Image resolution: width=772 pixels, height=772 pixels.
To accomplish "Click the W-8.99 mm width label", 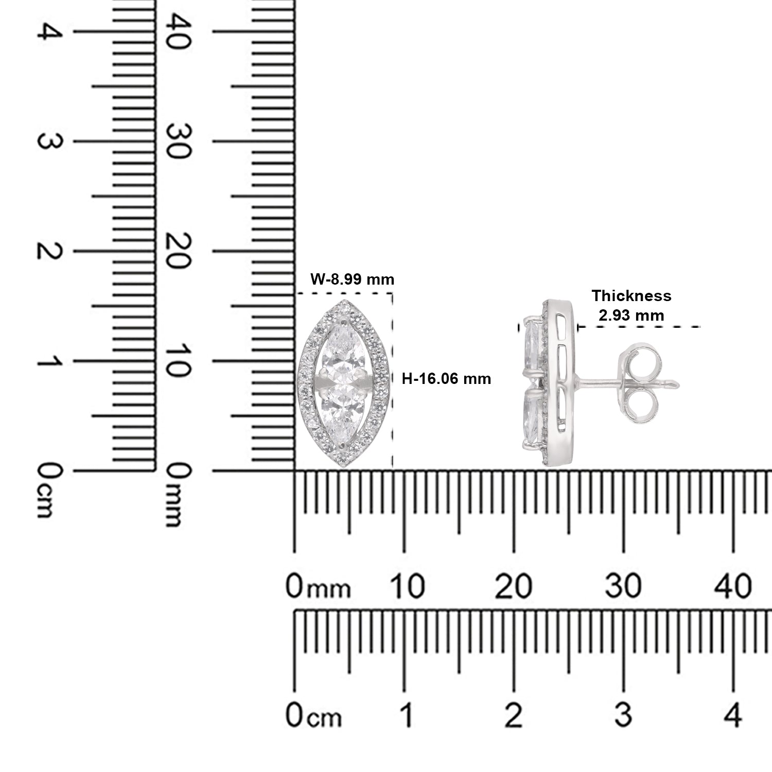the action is tap(353, 279).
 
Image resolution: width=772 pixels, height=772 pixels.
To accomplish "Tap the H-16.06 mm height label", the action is tap(446, 379).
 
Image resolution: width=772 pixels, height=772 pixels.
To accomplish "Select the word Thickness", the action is tap(631, 296).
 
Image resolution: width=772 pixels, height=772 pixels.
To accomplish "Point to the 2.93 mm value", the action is tap(631, 315).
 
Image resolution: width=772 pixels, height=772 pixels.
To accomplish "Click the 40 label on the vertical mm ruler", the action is tap(175, 32).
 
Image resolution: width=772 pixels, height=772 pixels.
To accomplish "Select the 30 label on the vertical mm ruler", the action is tap(175, 142).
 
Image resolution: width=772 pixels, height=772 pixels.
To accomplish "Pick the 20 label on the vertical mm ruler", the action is tap(175, 251).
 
